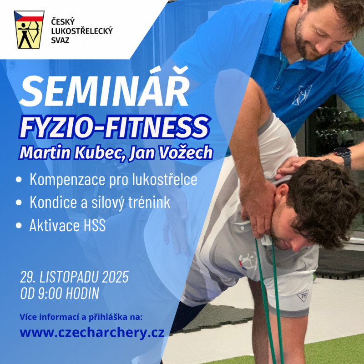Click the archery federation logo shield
(29, 30)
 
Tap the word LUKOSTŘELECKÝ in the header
(82, 31)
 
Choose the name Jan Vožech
(171, 152)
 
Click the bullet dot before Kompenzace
(19, 179)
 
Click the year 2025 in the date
(116, 277)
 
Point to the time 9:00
(51, 293)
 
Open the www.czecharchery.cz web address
(92, 333)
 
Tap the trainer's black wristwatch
(344, 154)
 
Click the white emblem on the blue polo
(302, 95)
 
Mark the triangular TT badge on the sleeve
(303, 296)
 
